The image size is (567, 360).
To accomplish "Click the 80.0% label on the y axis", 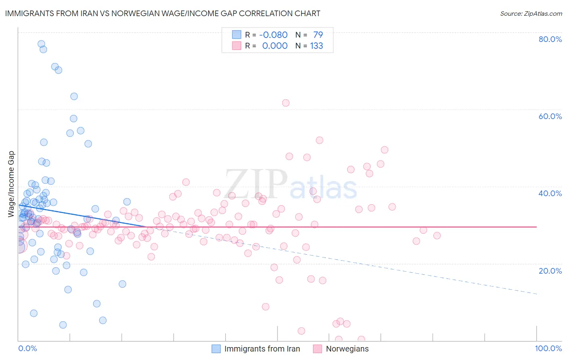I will pyautogui.click(x=550, y=39).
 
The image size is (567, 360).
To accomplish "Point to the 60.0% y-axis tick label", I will pyautogui.click(x=550, y=116).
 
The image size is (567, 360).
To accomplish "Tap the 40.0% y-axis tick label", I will pyautogui.click(x=550, y=193).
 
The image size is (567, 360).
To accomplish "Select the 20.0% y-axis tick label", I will pyautogui.click(x=550, y=271).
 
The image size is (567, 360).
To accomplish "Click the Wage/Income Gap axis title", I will pyautogui.click(x=11, y=184).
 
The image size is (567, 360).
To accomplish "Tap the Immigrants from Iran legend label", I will pyautogui.click(x=262, y=349).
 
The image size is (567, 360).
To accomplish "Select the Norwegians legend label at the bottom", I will pyautogui.click(x=347, y=349).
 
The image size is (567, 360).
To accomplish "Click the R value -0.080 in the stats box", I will pyautogui.click(x=273, y=35).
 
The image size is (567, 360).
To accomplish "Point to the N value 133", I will pyautogui.click(x=317, y=46).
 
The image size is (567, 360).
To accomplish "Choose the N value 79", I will pyautogui.click(x=318, y=35).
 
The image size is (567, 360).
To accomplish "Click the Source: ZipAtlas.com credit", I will pyautogui.click(x=531, y=14).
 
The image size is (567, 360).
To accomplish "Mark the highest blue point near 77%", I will pyautogui.click(x=41, y=44).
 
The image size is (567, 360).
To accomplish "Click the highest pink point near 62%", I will pyautogui.click(x=286, y=103).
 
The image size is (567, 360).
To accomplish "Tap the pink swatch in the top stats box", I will pyautogui.click(x=236, y=46).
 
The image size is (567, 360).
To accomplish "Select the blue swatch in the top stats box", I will pyautogui.click(x=236, y=35).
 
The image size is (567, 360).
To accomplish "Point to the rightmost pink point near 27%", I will pyautogui.click(x=437, y=236).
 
